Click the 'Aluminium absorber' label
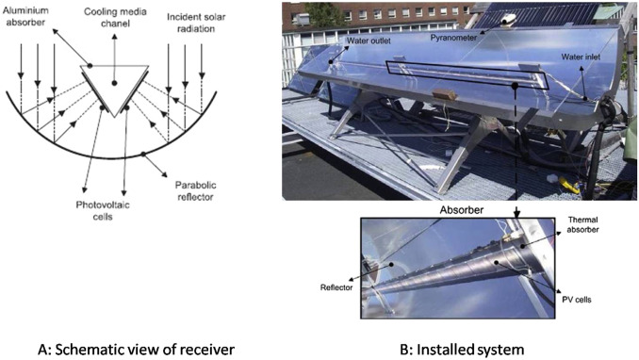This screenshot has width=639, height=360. coord(25,16)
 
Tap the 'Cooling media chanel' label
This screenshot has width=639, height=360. coord(115,18)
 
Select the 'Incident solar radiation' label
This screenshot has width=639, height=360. coord(196,23)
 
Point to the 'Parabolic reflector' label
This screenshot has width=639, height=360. coord(196,190)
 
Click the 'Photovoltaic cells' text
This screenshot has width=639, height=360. coord(103,210)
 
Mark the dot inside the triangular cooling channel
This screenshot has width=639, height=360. coord(115,83)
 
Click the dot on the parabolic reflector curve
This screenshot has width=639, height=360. coord(143,155)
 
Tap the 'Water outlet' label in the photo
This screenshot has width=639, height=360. coord(369,41)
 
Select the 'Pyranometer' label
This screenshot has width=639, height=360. coord(453,38)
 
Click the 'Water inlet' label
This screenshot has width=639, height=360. coord(581,57)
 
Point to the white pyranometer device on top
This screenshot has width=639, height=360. coord(509,19)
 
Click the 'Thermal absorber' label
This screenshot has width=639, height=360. coord(582,224)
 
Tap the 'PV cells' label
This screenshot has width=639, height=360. coord(576,300)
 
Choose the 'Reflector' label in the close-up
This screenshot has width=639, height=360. coord(336,287)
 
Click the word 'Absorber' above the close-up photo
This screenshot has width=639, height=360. coord(461,210)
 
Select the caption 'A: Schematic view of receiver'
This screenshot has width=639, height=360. coord(136,350)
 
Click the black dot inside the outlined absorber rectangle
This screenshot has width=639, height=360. coord(516,86)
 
